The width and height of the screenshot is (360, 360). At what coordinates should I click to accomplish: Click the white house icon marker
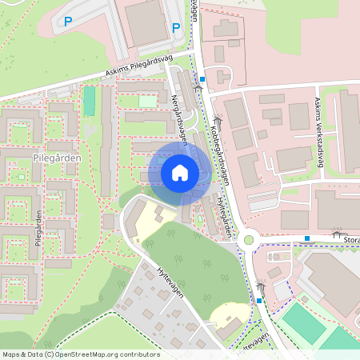(180, 172)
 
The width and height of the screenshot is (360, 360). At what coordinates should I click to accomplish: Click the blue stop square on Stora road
(307, 238)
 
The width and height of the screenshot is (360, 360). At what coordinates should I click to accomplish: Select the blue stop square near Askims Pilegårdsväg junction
(203, 79)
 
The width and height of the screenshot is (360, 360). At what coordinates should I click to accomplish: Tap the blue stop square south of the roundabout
(259, 300)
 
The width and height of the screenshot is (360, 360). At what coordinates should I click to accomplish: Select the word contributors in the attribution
(141, 354)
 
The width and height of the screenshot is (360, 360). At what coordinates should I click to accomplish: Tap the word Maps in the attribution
(12, 354)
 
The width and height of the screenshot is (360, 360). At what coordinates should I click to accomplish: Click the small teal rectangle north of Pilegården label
(89, 100)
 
